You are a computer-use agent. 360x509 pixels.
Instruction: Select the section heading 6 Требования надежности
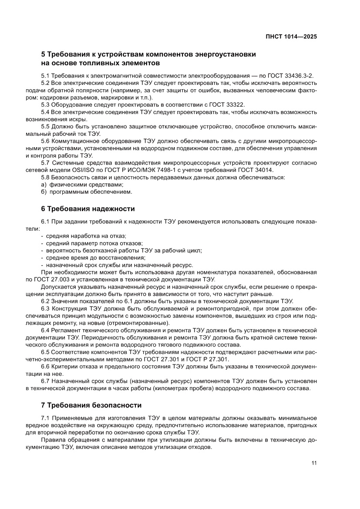[x=88, y=209]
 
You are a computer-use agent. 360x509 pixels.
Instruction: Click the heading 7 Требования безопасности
[x=91, y=405]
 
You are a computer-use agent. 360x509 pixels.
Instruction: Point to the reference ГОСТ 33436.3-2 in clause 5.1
[x=289, y=76]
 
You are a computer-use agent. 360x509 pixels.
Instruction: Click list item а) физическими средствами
[x=82, y=185]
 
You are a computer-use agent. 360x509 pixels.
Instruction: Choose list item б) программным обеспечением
[x=86, y=192]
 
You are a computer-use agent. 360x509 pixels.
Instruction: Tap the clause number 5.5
[x=46, y=127]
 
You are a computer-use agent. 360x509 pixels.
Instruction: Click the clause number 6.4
[x=46, y=330]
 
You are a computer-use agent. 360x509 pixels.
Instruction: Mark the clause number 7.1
[x=46, y=418]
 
